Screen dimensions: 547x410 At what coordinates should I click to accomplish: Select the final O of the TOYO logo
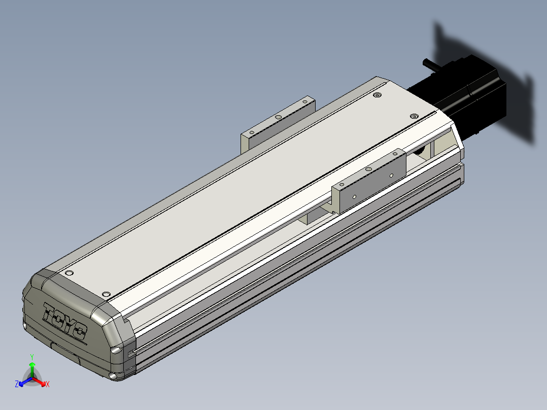tap(81, 331)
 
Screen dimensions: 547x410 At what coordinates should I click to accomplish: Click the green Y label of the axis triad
tap(32, 357)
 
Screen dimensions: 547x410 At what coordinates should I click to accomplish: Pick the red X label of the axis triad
tap(48, 384)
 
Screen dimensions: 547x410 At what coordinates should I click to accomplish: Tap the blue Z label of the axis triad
tap(17, 384)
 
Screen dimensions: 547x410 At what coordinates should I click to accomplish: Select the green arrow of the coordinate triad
tap(32, 369)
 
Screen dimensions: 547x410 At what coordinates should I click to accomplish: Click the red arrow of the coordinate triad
tap(39, 381)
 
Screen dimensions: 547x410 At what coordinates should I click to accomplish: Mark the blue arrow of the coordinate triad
tap(25, 381)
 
